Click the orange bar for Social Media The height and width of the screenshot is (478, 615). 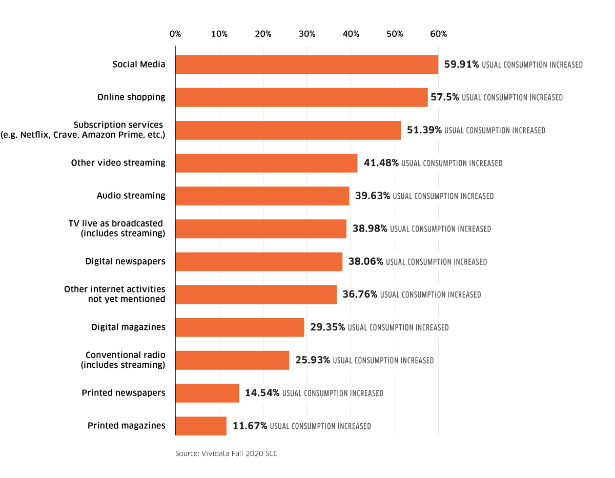tap(306, 65)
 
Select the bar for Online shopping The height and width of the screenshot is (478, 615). tap(301, 97)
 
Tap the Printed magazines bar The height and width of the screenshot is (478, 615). tap(201, 426)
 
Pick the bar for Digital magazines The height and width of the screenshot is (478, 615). tap(239, 327)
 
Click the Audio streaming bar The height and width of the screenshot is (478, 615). tap(262, 196)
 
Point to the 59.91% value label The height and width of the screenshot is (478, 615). tap(461, 65)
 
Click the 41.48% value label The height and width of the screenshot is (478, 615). tap(381, 163)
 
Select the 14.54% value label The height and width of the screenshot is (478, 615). tap(262, 393)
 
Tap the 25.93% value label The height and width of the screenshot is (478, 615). tap(312, 360)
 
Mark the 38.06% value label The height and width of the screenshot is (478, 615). tap(365, 261)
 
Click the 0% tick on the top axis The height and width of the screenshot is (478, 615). tap(175, 34)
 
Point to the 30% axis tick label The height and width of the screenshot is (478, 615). tap(307, 34)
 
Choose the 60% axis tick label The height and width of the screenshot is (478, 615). tap(439, 34)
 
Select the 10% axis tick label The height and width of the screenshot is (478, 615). tap(219, 34)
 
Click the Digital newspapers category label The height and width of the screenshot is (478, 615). tap(125, 261)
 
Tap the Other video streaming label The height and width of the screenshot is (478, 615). tap(118, 163)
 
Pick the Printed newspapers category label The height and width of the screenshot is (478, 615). tap(124, 393)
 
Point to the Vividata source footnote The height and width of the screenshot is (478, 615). tap(226, 454)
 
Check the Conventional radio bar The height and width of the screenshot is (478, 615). tap(232, 360)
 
